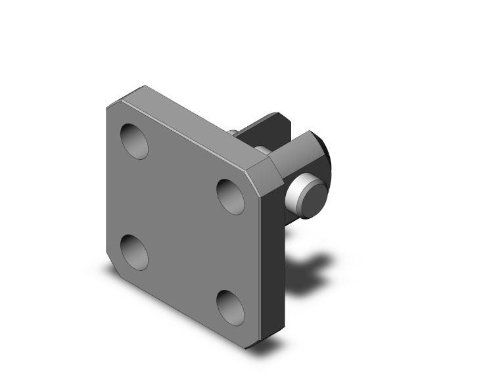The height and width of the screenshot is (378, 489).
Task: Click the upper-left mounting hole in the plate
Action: tap(135, 140)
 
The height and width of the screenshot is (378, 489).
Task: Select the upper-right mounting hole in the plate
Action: tap(230, 196)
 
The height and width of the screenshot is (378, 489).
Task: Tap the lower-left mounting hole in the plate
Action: tap(134, 252)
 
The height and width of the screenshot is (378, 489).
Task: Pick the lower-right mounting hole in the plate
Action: tap(230, 307)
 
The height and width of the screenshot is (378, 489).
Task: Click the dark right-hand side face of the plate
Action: tap(273, 263)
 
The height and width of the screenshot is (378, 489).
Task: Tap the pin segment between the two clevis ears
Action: tap(262, 150)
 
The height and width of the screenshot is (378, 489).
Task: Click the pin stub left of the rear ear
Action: tap(233, 133)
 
